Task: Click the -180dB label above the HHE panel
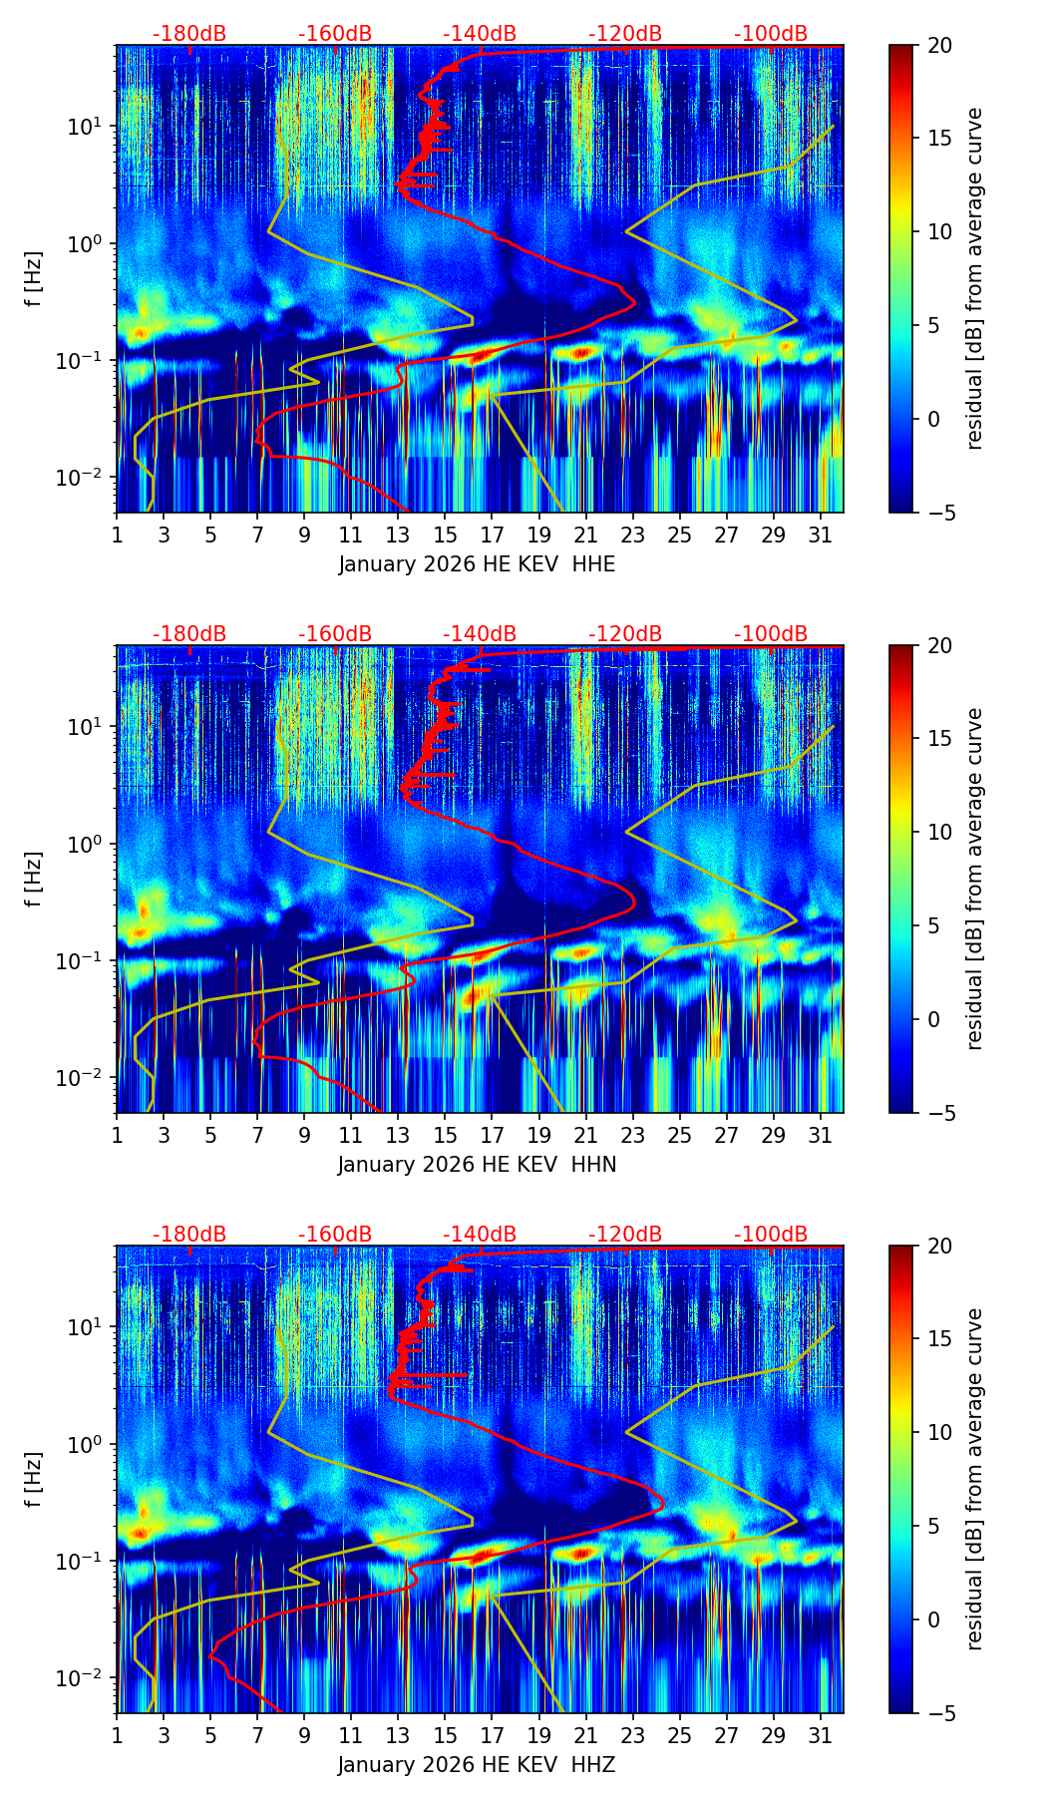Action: click(189, 34)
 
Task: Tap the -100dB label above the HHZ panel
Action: click(771, 1235)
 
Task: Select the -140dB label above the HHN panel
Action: click(480, 634)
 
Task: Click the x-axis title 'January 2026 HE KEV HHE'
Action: click(477, 564)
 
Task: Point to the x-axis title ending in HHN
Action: click(477, 1165)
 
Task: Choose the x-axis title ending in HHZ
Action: click(477, 1765)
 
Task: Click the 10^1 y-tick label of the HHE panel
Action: click(89, 127)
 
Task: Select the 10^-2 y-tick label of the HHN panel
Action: click(86, 1078)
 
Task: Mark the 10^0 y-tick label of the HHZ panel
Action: click(89, 1444)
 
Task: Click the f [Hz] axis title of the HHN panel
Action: click(34, 879)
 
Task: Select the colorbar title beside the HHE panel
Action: click(974, 279)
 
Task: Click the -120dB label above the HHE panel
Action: click(625, 34)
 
